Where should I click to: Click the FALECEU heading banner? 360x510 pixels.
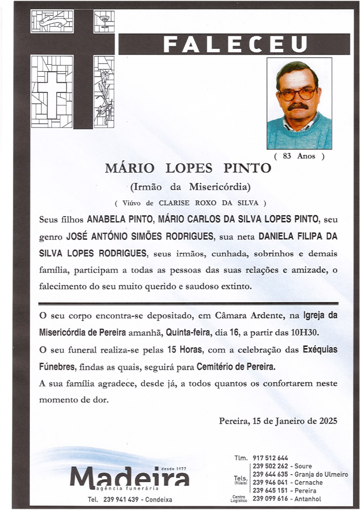tap(234, 45)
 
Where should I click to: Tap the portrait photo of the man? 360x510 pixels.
tap(299, 103)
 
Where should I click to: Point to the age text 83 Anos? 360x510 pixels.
tap(299, 156)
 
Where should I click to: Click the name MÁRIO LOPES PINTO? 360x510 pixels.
tap(189, 168)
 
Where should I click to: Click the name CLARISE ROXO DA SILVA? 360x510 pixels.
tap(209, 203)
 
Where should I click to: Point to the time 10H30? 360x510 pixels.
tap(304, 332)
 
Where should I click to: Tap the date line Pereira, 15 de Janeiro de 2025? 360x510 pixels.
tap(278, 421)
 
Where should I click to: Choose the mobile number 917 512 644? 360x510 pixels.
tap(270, 458)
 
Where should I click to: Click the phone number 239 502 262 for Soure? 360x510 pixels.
tap(270, 466)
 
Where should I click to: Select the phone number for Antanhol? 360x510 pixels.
tap(270, 499)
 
